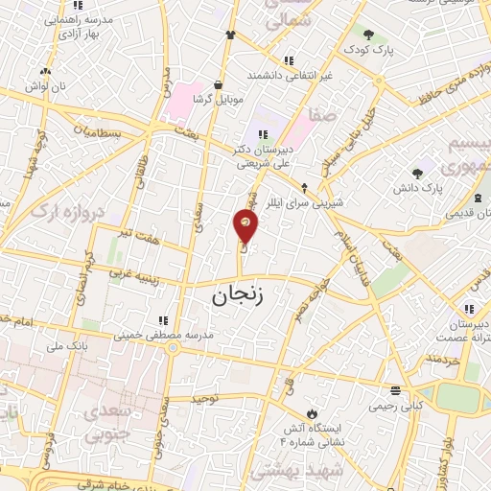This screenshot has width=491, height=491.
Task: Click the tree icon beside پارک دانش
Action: click(x=417, y=174)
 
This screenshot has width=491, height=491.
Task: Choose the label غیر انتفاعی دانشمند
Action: click(x=291, y=73)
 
